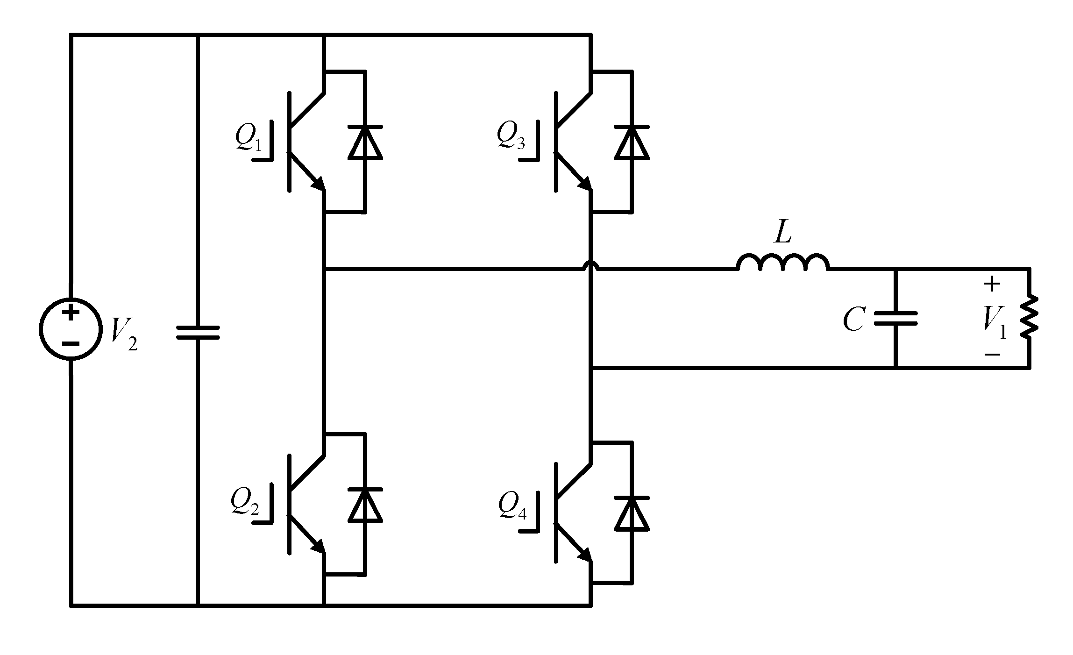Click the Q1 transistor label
pyautogui.click(x=249, y=138)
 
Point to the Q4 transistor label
pyautogui.click(x=512, y=506)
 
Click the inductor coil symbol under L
pyautogui.click(x=783, y=263)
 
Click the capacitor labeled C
pyautogui.click(x=895, y=319)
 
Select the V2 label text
pyautogui.click(x=124, y=335)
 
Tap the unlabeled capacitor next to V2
pyautogui.click(x=198, y=332)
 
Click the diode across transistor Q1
pyautogui.click(x=365, y=142)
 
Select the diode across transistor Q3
pyautogui.click(x=632, y=142)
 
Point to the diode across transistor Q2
pyautogui.click(x=365, y=505)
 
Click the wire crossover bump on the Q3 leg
pyautogui.click(x=591, y=265)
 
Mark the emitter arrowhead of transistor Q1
pyautogui.click(x=319, y=184)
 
